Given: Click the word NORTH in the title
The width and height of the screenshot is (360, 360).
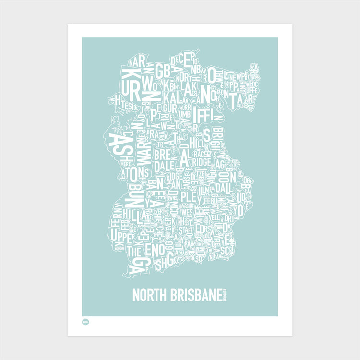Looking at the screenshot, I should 149,295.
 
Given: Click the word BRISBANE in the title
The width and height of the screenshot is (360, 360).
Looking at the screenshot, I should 194,295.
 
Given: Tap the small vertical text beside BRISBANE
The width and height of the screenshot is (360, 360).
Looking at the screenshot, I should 224,295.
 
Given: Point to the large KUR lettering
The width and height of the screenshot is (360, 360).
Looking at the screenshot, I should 130,82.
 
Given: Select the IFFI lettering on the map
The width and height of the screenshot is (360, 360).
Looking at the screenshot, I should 207,116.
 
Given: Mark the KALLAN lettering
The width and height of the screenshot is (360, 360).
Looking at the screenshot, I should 170,97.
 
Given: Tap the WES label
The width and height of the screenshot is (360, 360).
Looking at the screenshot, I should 187,210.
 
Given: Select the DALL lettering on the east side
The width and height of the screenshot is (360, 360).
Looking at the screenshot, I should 224,187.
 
